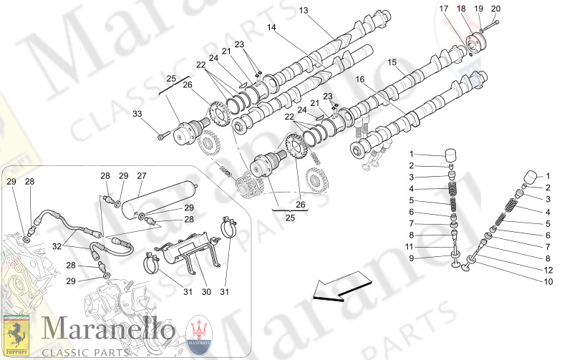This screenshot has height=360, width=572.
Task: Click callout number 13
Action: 303,11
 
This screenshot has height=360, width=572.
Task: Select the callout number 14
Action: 272,27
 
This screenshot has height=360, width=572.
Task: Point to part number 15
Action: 392,64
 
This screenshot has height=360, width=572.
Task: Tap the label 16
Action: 359,79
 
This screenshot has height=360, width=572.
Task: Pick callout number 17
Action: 444,9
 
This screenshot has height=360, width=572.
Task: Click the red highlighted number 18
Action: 461,9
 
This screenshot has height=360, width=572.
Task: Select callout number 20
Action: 496,9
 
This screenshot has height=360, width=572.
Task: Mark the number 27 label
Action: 142,175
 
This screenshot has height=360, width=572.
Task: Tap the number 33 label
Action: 137,113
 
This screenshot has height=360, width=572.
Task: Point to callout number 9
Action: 412,258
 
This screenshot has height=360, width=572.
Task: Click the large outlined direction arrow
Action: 339,290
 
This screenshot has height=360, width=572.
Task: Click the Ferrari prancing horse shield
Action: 14,334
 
